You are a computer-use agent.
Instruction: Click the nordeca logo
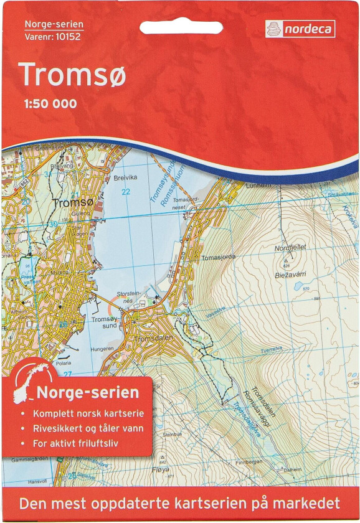pyautogui.click(x=300, y=29)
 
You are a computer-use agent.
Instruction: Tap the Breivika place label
pyautogui.click(x=125, y=177)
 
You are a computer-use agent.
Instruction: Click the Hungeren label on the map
pyautogui.click(x=102, y=349)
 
